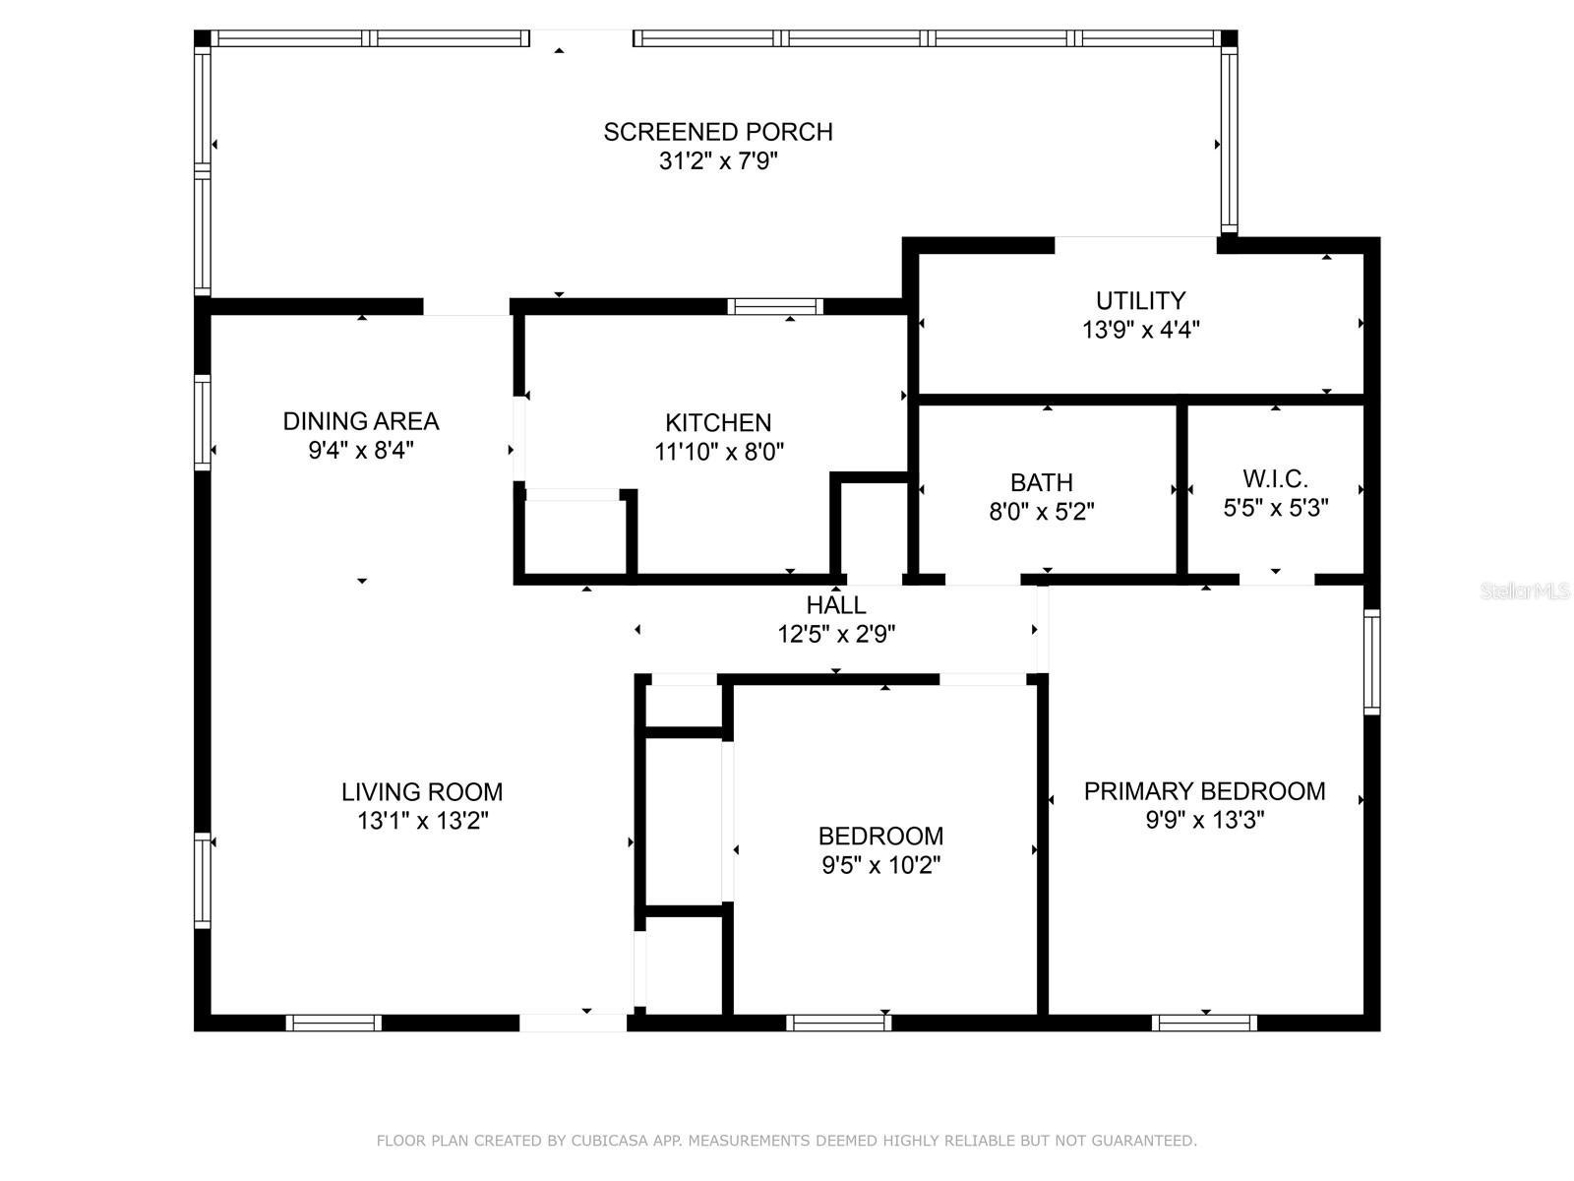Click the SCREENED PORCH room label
[718, 132]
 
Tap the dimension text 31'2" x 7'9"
[718, 161]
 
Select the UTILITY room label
[1140, 300]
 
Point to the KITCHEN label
[718, 423]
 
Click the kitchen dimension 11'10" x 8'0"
[718, 453]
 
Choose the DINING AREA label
[361, 421]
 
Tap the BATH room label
[1041, 482]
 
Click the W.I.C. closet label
[1275, 479]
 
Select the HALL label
[836, 605]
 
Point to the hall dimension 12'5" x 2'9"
[836, 635]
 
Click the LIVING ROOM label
[422, 792]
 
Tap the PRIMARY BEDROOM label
[1205, 791]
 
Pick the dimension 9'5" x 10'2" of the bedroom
[880, 866]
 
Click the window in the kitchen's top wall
[775, 307]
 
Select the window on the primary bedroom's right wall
[1371, 661]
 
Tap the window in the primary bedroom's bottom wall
[1205, 1024]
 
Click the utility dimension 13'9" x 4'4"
[1140, 330]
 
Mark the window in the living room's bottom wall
[333, 1024]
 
